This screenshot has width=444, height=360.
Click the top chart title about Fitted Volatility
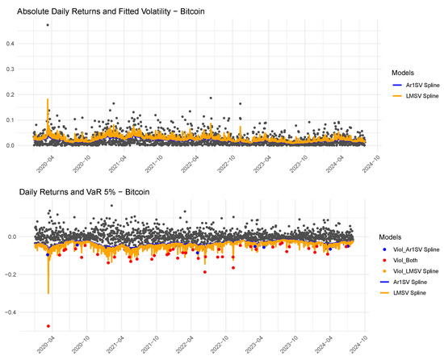(111, 11)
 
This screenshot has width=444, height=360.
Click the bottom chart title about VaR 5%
(84, 192)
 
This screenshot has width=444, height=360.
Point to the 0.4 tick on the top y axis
(10, 44)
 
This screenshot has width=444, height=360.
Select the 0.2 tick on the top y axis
(10, 94)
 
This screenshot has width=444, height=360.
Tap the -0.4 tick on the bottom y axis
(10, 312)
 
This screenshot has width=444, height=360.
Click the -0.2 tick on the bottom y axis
(10, 274)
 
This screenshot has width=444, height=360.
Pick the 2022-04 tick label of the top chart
(190, 165)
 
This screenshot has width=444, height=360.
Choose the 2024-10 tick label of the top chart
(371, 165)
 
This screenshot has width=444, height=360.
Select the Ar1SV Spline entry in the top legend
(416, 85)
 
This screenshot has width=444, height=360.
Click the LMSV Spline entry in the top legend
(416, 96)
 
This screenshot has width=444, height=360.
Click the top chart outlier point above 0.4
(48, 25)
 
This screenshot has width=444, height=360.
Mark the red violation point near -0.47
(48, 326)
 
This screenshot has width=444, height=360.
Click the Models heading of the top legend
(403, 73)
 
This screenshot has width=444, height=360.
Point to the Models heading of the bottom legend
(390, 237)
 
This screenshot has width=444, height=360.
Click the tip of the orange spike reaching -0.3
(48, 294)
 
